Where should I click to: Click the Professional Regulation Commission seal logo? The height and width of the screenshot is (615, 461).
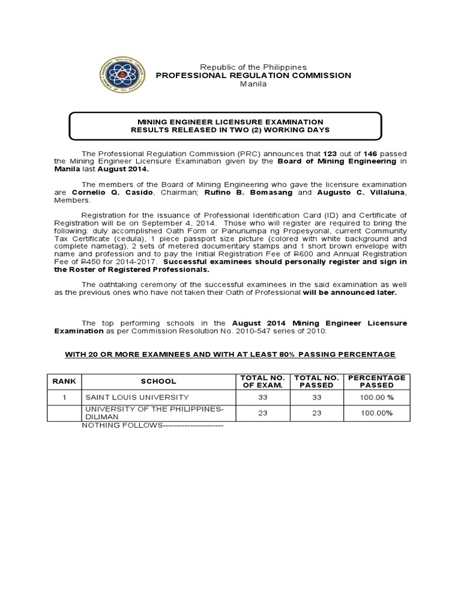tap(122, 75)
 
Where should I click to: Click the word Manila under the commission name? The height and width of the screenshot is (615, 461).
tap(253, 84)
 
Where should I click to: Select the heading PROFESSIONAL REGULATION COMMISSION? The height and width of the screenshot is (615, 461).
tap(253, 75)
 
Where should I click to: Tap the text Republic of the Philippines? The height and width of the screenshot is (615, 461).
tap(253, 67)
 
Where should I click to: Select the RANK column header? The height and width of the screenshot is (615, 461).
tap(64, 381)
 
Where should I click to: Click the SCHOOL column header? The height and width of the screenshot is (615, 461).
tap(158, 381)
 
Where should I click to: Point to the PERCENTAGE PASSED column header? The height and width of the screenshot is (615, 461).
tap(376, 381)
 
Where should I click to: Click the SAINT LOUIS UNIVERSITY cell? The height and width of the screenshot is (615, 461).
tap(137, 397)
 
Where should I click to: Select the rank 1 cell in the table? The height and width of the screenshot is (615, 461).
tap(64, 397)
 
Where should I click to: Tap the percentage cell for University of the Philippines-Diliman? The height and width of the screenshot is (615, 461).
tap(376, 413)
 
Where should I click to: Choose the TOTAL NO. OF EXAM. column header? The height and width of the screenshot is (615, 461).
tap(261, 381)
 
